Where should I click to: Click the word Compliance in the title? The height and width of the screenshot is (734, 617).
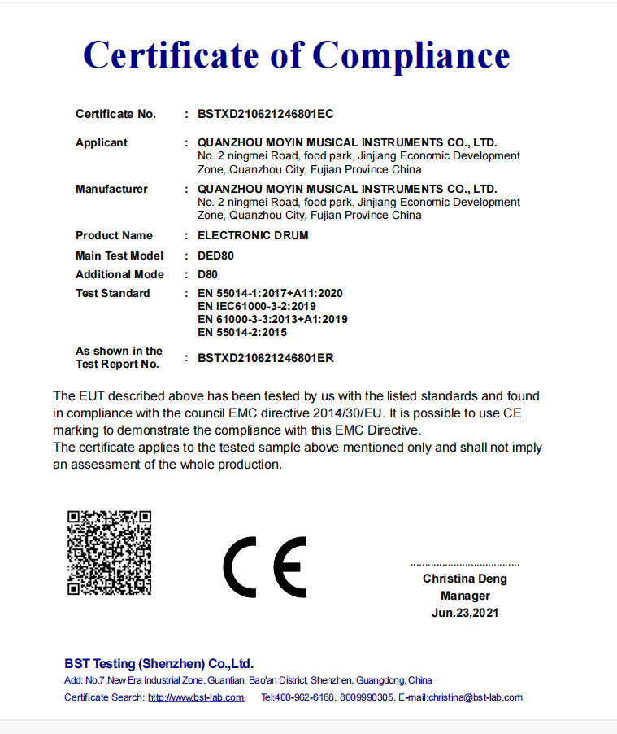tap(411, 55)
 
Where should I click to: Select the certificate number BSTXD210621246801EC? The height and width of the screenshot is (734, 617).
tap(266, 114)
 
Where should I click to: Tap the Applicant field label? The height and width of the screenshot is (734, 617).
tap(102, 142)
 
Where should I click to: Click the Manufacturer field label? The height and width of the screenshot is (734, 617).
tap(111, 189)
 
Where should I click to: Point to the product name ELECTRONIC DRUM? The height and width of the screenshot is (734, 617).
tap(253, 235)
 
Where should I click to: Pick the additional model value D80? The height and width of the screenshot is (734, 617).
tap(207, 274)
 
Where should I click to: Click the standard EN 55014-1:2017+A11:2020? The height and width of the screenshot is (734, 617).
tap(271, 293)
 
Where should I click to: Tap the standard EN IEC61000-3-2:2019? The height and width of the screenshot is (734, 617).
tap(257, 306)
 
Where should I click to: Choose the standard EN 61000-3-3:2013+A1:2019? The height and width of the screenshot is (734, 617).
tap(272, 319)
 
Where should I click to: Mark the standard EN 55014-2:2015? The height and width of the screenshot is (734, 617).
tap(242, 332)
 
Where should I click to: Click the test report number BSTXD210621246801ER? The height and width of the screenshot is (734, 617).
tap(266, 357)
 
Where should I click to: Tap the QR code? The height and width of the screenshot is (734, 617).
tap(109, 553)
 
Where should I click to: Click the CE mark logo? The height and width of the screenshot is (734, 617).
tap(265, 567)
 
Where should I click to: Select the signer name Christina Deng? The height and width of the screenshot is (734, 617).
tap(464, 579)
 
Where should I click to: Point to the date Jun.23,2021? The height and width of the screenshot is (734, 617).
tap(465, 613)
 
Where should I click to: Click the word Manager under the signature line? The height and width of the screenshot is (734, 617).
tap(465, 596)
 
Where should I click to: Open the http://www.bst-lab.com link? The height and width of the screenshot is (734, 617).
tap(196, 697)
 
